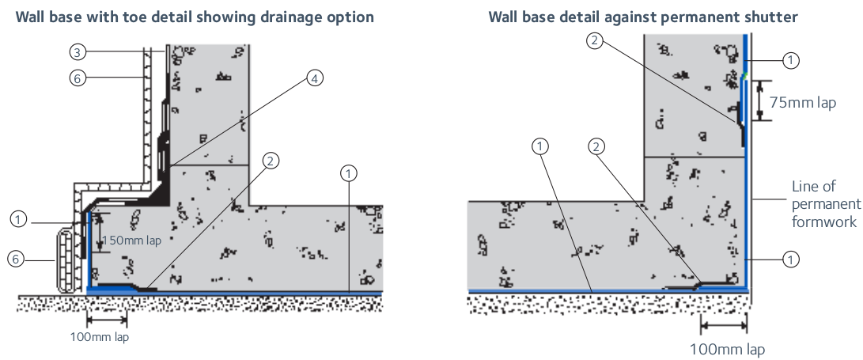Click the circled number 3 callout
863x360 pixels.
pyautogui.click(x=78, y=52)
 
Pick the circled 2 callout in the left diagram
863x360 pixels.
pyautogui.click(x=271, y=161)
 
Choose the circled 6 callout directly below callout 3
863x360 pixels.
pyautogui.click(x=78, y=78)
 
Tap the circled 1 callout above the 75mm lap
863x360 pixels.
pyautogui.click(x=789, y=59)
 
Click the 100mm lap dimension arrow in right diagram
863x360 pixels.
pyautogui.click(x=723, y=324)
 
